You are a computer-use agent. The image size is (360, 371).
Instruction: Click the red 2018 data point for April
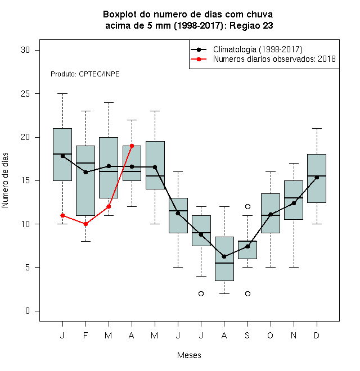(132, 146)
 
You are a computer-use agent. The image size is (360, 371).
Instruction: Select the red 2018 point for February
(85, 224)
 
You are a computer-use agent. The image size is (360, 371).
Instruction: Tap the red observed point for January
(62, 215)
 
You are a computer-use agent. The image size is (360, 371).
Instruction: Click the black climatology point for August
(224, 256)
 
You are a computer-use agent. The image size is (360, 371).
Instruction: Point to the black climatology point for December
(317, 177)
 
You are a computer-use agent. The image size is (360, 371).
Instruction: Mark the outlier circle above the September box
(247, 206)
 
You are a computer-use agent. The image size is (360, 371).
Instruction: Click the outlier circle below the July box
(201, 293)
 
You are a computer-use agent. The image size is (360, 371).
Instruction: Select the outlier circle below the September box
(247, 293)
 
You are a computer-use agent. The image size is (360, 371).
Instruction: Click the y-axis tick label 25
(25, 94)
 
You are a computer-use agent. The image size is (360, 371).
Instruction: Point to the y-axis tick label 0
(28, 311)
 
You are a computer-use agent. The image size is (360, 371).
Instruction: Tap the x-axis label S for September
(247, 335)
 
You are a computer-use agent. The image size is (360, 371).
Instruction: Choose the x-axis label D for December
(317, 335)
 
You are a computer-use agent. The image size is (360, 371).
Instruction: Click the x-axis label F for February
(85, 335)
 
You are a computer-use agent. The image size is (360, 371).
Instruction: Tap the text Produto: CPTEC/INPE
(85, 74)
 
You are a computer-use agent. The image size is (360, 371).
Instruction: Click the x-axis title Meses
(189, 355)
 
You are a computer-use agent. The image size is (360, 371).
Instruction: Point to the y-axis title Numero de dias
(5, 180)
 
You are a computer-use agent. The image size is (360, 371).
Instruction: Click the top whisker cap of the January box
(62, 94)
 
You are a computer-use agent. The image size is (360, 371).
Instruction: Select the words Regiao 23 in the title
(251, 25)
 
